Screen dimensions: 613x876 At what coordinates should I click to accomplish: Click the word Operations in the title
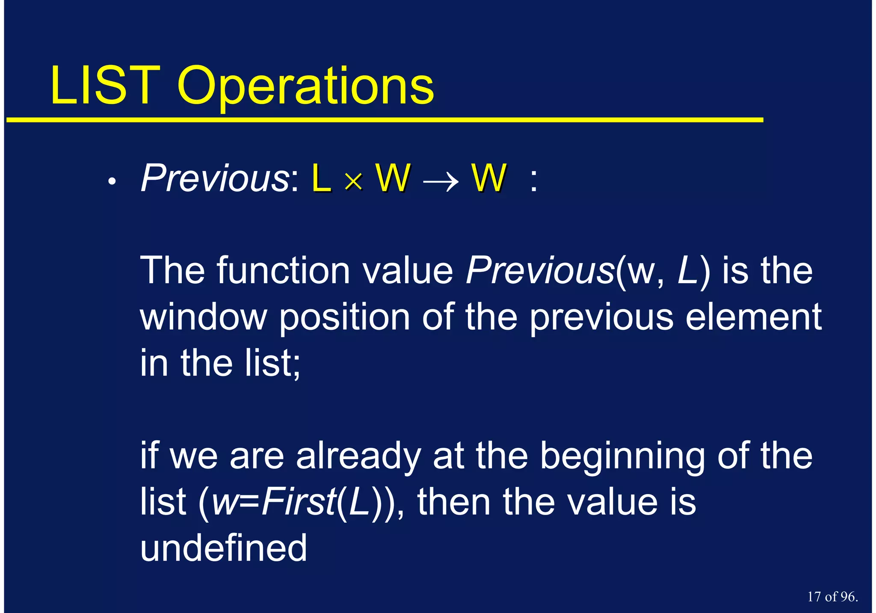point(305,88)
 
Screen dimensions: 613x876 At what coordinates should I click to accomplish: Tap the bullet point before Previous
point(112,182)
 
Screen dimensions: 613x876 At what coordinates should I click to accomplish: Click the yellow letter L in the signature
point(321,178)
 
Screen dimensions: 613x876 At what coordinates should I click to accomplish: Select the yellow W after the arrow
point(488,178)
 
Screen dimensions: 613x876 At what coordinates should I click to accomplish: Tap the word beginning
point(622,457)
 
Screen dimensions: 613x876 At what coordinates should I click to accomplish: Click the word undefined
point(224,548)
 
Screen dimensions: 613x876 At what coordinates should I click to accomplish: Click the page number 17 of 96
point(832,597)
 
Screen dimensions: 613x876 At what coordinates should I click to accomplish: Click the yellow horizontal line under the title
point(385,120)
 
